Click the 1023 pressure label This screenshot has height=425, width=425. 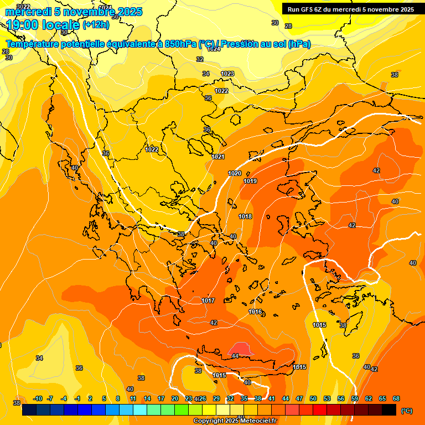pyautogui.click(x=227, y=74)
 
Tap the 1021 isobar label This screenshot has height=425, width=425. pyautogui.click(x=218, y=157)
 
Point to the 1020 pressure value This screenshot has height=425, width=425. pyautogui.click(x=235, y=173)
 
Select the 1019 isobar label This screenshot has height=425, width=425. pyautogui.click(x=250, y=181)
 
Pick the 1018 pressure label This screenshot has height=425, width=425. pyautogui.click(x=245, y=216)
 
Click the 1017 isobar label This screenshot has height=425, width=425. pyautogui.click(x=208, y=300)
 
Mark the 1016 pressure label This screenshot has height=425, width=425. pyautogui.click(x=255, y=312)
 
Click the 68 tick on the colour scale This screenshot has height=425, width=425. pyautogui.click(x=396, y=398)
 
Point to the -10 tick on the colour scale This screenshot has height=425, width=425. pyautogui.click(x=38, y=398)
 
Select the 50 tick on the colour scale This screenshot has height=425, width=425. pyautogui.click(x=313, y=398)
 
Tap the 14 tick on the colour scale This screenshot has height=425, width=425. pyautogui.click(x=147, y=398)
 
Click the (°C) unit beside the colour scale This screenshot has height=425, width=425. pyautogui.click(x=407, y=411)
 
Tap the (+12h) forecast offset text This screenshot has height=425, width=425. pyautogui.click(x=96, y=24)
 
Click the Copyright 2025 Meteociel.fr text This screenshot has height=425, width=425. pyautogui.click(x=235, y=421)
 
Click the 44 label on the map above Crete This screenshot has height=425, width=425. pyautogui.click(x=235, y=356)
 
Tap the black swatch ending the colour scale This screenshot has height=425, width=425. pyautogui.click(x=389, y=410)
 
